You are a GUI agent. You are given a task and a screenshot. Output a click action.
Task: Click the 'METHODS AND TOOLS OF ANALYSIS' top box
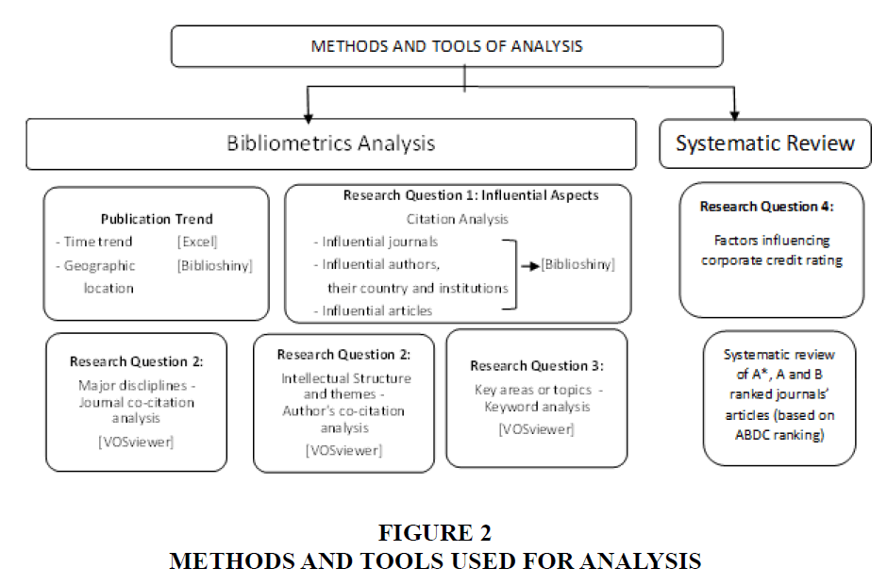click(446, 46)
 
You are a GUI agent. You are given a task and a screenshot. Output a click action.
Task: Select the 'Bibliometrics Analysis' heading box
click(330, 143)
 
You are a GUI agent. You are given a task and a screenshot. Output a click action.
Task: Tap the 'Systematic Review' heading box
click(764, 143)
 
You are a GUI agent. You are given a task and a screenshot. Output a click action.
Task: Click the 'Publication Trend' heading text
click(156, 219)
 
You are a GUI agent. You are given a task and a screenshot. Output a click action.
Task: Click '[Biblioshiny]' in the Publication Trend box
click(214, 266)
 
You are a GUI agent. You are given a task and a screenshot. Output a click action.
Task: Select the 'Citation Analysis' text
click(458, 219)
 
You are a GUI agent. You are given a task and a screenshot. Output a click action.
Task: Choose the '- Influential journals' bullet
click(377, 242)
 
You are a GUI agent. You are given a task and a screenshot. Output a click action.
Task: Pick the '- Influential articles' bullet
click(374, 310)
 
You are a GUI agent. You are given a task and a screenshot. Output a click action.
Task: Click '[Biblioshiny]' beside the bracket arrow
click(577, 265)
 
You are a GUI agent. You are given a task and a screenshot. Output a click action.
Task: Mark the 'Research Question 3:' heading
click(536, 366)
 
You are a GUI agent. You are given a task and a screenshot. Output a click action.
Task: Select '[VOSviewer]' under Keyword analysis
click(536, 429)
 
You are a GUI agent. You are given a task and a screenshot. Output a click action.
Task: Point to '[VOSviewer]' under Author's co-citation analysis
click(343, 450)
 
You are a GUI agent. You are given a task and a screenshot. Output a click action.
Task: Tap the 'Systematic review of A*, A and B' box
click(779, 397)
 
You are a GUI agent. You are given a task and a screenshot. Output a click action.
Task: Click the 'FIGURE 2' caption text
click(435, 533)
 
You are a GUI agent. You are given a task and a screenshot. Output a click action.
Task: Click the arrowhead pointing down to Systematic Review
click(733, 111)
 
